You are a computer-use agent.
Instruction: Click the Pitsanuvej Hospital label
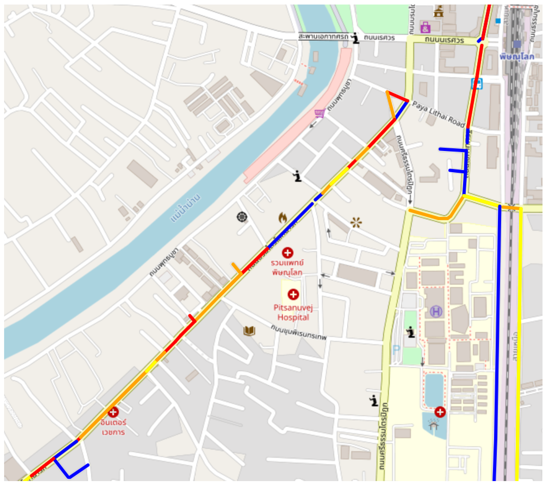pyautogui.click(x=293, y=312)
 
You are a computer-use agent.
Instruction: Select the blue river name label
pyautogui.click(x=185, y=209)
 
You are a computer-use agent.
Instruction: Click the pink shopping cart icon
pyautogui.click(x=320, y=113)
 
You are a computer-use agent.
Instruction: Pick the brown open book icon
pyautogui.click(x=249, y=331)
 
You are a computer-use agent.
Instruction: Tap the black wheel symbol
pyautogui.click(x=242, y=217)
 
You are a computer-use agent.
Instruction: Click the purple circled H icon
pyautogui.click(x=436, y=312)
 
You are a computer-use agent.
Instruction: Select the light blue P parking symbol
pyautogui.click(x=396, y=349)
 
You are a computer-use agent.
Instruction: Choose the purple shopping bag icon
pyautogui.click(x=425, y=27)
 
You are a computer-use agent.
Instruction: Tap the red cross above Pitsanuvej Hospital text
pyautogui.click(x=293, y=294)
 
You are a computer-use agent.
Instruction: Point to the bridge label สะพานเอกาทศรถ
pyautogui.click(x=323, y=37)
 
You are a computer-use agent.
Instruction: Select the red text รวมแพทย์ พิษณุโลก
pyautogui.click(x=287, y=267)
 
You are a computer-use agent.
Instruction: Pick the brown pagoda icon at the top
pyautogui.click(x=438, y=12)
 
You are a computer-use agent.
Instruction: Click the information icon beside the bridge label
pyautogui.click(x=355, y=38)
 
